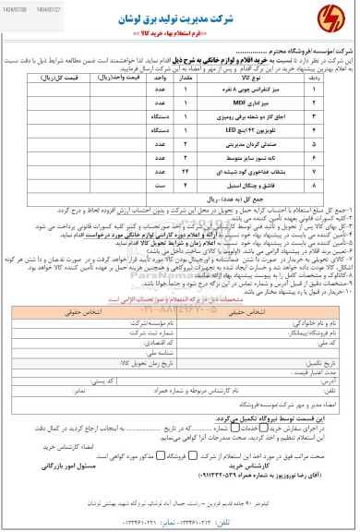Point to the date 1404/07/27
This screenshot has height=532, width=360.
tap(56, 6)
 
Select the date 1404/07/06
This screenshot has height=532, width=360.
tap(20, 6)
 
